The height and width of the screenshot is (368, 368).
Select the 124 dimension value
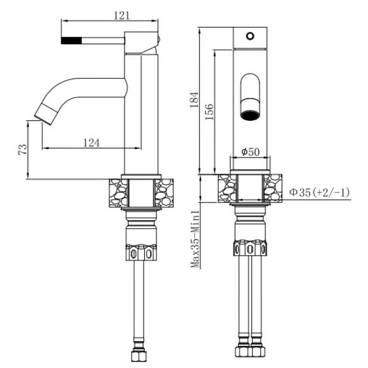(91, 142)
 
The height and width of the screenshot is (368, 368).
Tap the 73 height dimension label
(23, 150)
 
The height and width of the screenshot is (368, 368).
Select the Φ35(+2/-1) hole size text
(319, 193)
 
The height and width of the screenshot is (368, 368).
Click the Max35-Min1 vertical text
(195, 239)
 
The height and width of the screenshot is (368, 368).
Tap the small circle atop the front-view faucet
(249, 36)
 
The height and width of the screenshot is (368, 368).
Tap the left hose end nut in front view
(242, 355)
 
